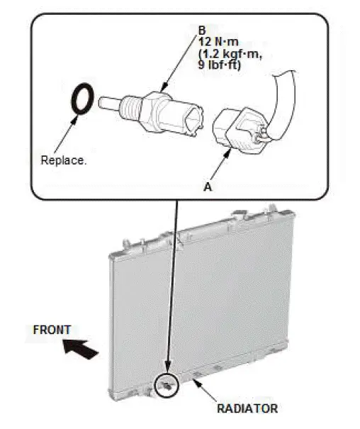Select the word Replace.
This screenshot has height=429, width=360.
click(64, 160)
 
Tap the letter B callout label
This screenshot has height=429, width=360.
click(201, 32)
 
